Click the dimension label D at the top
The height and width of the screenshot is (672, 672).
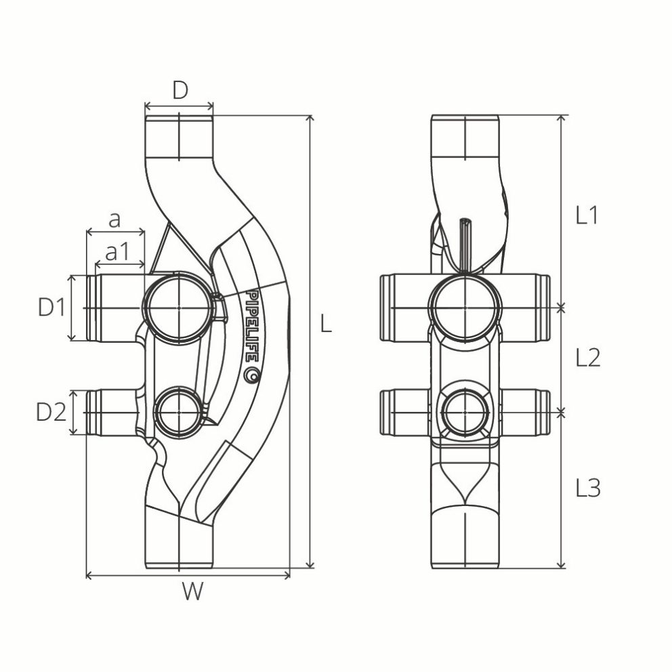click(179, 90)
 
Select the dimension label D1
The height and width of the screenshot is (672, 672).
click(51, 308)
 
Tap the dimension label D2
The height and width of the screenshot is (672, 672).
click(51, 412)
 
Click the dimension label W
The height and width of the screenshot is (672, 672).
click(192, 593)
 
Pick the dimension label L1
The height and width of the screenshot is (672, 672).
click(587, 215)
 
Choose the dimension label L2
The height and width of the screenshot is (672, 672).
click(587, 358)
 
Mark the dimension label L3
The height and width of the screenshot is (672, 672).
click(587, 488)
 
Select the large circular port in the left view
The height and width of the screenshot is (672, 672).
click(179, 307)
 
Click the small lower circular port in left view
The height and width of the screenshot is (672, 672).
click(178, 411)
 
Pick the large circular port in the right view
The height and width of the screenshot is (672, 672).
click(465, 308)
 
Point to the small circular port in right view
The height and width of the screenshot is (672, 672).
click(465, 411)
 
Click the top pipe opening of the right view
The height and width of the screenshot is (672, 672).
click(465, 135)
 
